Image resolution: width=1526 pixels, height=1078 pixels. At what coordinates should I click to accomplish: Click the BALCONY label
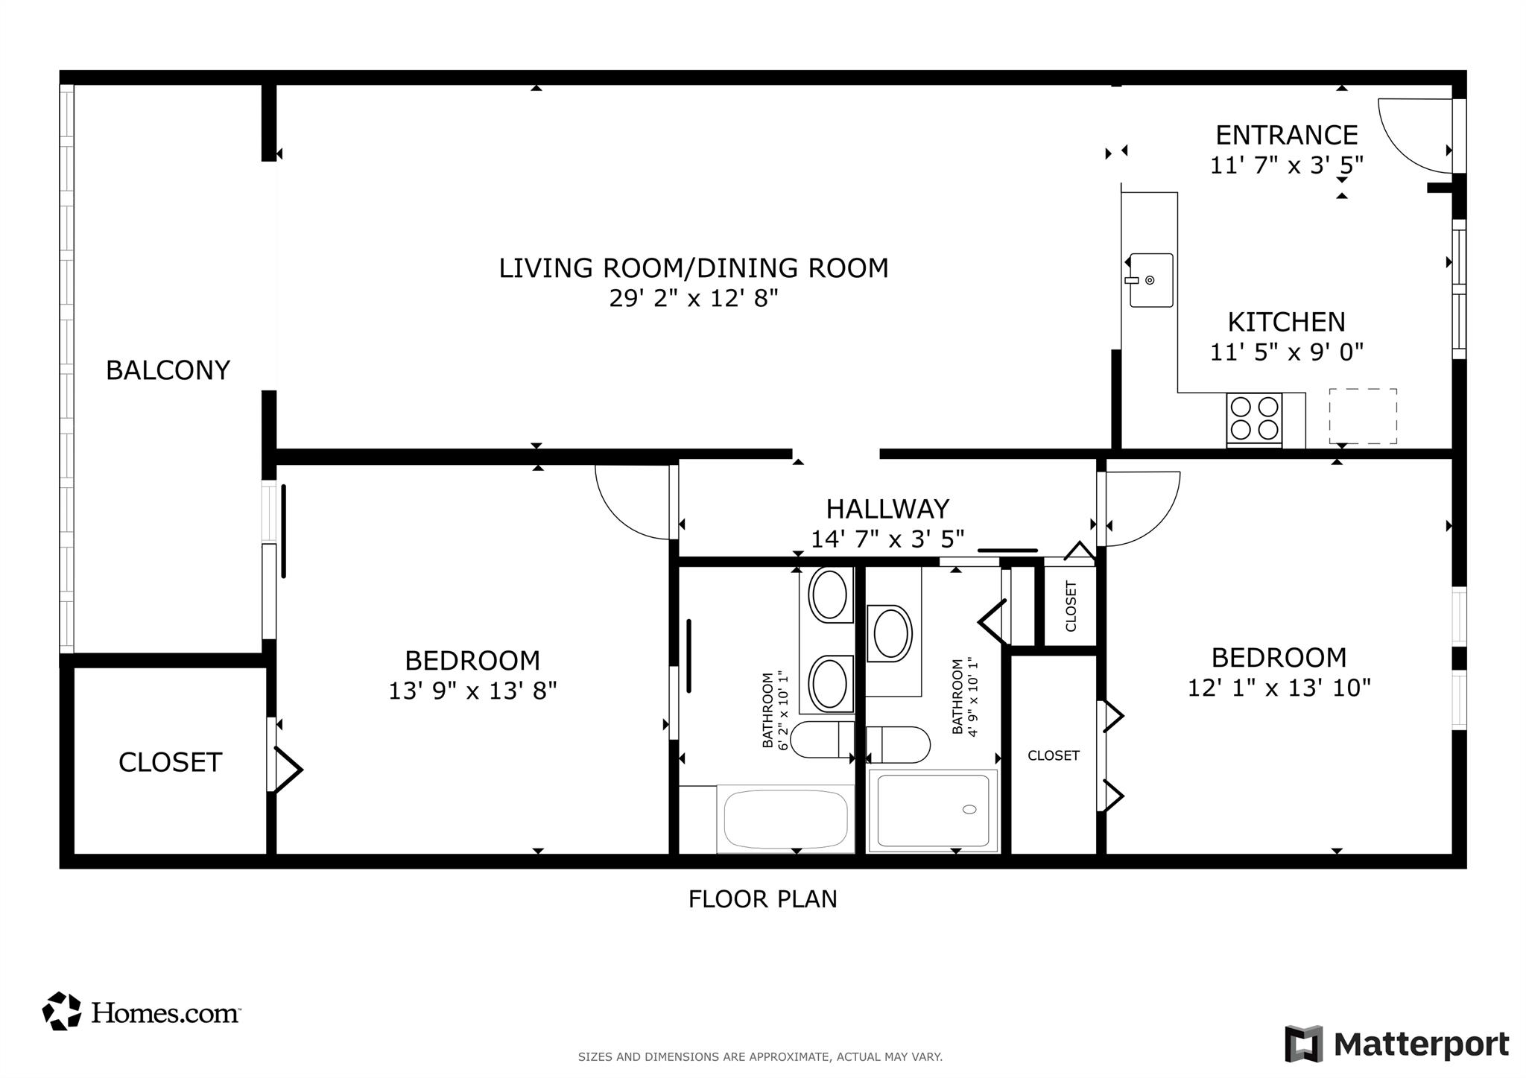pyautogui.click(x=168, y=370)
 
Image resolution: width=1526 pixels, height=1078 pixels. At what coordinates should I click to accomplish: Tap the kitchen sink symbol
pyautogui.click(x=1150, y=280)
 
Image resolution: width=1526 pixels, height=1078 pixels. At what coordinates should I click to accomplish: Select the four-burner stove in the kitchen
pyautogui.click(x=1254, y=419)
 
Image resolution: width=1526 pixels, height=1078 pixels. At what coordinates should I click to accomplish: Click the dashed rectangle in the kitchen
pyautogui.click(x=1362, y=416)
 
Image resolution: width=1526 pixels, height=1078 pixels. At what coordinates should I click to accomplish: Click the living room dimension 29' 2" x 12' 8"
pyautogui.click(x=693, y=299)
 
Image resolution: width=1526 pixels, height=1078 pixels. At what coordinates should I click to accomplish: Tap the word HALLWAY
pyautogui.click(x=887, y=509)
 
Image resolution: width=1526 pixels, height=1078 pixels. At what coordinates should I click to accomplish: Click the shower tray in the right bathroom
pyautogui.click(x=933, y=810)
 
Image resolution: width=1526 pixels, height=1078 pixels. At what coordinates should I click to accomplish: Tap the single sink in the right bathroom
pyautogui.click(x=891, y=634)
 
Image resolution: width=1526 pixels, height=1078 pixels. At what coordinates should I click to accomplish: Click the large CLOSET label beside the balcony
pyautogui.click(x=170, y=762)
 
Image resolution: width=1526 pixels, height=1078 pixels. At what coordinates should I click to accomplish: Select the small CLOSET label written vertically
pyautogui.click(x=1071, y=606)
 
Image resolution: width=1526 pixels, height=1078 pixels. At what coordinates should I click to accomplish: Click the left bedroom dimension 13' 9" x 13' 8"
pyautogui.click(x=472, y=691)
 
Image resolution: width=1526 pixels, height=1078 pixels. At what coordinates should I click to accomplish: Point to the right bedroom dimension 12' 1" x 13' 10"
pyautogui.click(x=1279, y=688)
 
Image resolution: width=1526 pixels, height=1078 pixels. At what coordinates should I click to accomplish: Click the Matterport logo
pyautogui.click(x=1396, y=1044)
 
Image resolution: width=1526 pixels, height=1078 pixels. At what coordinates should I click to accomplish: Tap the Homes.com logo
pyautogui.click(x=142, y=1012)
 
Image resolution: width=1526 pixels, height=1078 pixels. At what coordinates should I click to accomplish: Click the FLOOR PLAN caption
pyautogui.click(x=762, y=899)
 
